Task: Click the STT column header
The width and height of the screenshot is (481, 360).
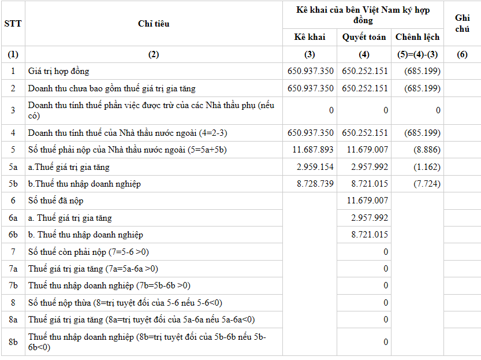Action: pyautogui.click(x=13, y=24)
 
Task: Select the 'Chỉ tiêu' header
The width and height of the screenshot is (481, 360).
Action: pyautogui.click(x=153, y=24)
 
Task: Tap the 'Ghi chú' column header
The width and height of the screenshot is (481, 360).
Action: pyautogui.click(x=462, y=24)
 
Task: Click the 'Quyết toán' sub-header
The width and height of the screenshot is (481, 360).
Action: pyautogui.click(x=364, y=37)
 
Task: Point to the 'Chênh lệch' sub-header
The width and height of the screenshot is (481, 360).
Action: pyautogui.click(x=417, y=37)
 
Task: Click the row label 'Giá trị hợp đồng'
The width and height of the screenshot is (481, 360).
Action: pyautogui.click(x=59, y=72)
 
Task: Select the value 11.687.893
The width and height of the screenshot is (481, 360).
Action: pyautogui.click(x=313, y=150)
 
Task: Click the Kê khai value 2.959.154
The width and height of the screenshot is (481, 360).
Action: pyautogui.click(x=315, y=167)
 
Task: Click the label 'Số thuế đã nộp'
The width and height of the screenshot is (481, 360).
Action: pyautogui.click(x=56, y=201)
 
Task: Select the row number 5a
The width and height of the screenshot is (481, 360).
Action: pyautogui.click(x=13, y=167)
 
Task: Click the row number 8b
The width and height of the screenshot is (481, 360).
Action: pyautogui.click(x=13, y=342)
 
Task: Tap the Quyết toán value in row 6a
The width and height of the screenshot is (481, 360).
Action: pyautogui.click(x=370, y=218)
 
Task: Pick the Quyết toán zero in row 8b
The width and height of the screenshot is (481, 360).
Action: pyautogui.click(x=386, y=342)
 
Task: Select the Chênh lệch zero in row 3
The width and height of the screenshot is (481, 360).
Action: pyautogui.click(x=438, y=110)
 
